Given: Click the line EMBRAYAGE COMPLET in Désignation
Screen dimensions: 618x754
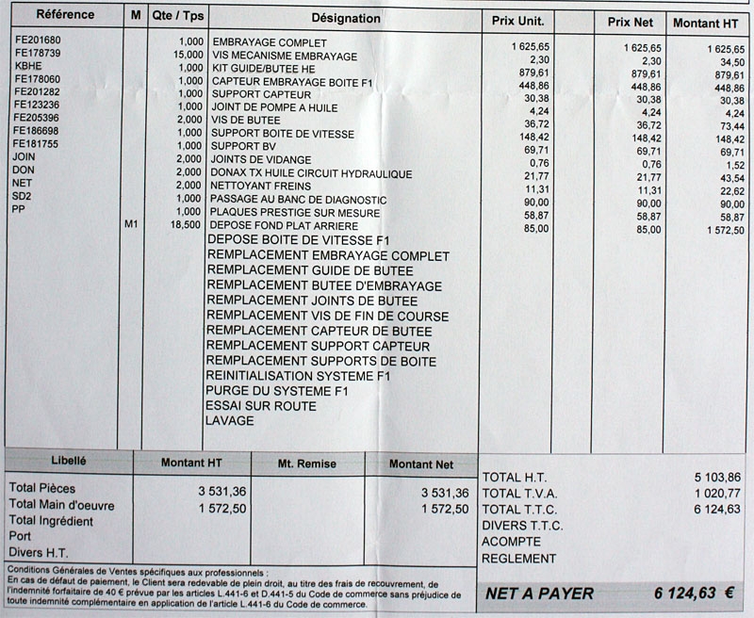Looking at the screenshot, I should click(270, 43).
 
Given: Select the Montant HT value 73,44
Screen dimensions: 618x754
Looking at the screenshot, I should click(724, 125).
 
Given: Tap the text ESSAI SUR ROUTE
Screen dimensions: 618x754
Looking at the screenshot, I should click(260, 406).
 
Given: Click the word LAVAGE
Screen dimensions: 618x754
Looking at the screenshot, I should click(229, 421).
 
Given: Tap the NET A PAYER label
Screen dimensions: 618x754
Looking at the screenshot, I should click(540, 594).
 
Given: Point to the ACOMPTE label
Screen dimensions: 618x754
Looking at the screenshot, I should click(511, 542).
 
